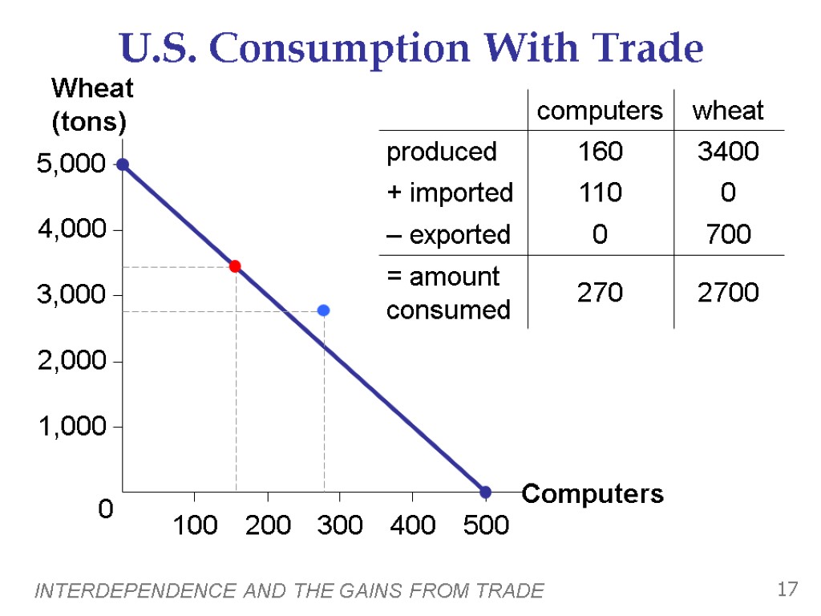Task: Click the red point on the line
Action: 235,266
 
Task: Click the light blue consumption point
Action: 323,310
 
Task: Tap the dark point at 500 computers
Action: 485,492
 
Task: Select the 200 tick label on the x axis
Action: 268,525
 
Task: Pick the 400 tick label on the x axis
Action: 412,525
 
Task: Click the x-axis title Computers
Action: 592,494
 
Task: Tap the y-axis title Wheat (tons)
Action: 90,105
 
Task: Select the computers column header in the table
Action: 600,111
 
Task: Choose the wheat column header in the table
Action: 728,111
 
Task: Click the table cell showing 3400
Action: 728,151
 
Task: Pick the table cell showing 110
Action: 600,192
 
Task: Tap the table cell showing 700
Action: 728,234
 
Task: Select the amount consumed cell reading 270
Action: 600,293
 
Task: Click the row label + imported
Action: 449,192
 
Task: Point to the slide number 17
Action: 787,590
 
